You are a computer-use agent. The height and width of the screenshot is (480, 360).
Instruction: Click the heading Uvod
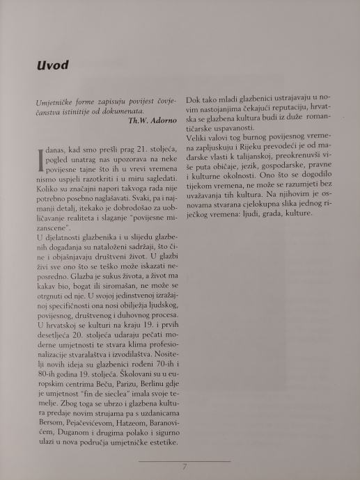click(53, 65)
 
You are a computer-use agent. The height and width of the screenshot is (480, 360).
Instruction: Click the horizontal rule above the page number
click(185, 460)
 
